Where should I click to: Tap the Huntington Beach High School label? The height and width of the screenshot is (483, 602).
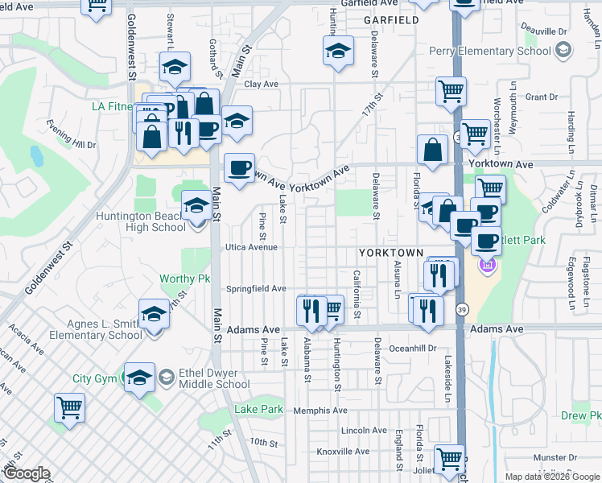[x=141, y=221]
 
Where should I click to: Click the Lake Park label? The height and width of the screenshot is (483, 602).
[x=258, y=409]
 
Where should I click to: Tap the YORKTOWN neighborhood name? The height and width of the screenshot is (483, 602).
[x=390, y=253]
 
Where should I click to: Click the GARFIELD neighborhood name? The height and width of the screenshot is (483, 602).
[x=392, y=19]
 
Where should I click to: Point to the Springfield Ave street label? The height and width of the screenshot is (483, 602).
[x=256, y=288]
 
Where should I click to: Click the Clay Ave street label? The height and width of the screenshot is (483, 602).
[x=261, y=84]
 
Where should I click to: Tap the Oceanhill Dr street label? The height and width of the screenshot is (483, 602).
[x=410, y=349]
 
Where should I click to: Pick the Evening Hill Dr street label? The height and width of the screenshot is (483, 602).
[x=71, y=134]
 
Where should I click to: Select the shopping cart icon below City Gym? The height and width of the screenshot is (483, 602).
[x=70, y=407]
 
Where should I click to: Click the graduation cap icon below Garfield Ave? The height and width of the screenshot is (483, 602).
[x=339, y=52]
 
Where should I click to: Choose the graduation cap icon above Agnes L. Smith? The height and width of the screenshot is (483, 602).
[x=154, y=314]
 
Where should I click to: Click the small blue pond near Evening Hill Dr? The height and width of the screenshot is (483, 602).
[x=36, y=155]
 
